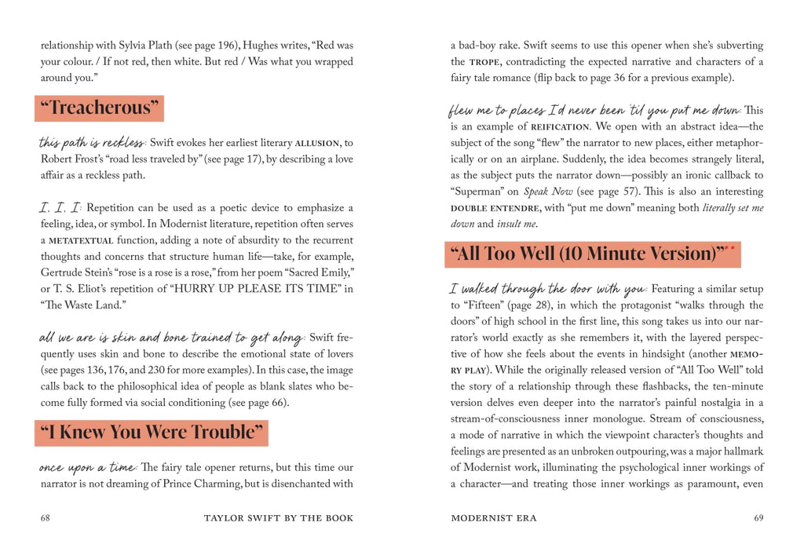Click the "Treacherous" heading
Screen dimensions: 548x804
pos(99,108)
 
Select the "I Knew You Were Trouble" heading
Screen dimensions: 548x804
pos(152,433)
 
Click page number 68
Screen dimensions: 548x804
pos(46,518)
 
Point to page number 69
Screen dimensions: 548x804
pos(758,518)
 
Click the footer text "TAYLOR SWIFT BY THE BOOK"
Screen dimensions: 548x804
pos(279,518)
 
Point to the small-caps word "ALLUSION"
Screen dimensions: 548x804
pos(316,144)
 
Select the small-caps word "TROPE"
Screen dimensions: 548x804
pos(490,62)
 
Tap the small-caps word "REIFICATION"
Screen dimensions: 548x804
pos(560,127)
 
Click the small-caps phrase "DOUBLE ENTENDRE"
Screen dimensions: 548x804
pos(495,209)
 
